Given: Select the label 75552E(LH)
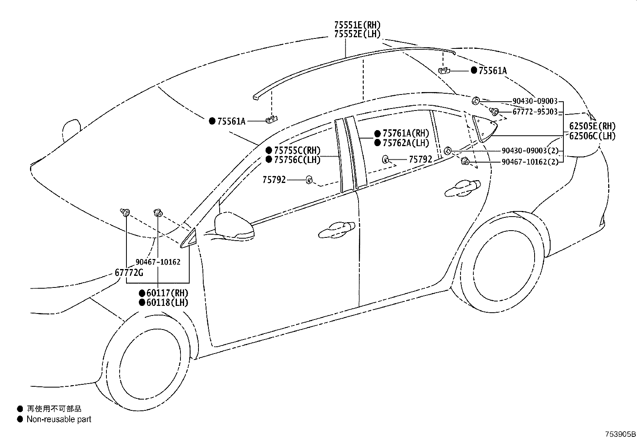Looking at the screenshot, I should tap(357, 34).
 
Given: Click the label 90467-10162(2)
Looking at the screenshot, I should tap(530, 162).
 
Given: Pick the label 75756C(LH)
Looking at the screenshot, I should tap(297, 160).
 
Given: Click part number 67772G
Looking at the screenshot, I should tap(129, 273).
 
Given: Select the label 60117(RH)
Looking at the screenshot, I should tap(167, 293).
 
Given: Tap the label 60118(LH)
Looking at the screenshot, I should tap(167, 302).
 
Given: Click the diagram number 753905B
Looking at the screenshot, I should tap(620, 434).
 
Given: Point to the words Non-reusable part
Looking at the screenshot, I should tap(59, 419).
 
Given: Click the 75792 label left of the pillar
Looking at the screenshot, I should tap(274, 180).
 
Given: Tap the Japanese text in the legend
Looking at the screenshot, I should tap(54, 409).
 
